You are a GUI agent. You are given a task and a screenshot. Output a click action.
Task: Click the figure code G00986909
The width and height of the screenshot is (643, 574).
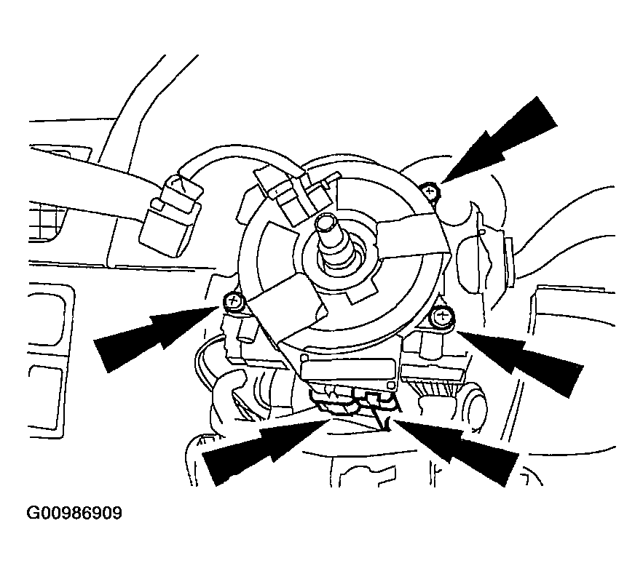click(x=74, y=513)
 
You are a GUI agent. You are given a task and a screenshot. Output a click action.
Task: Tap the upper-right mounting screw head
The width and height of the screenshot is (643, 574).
click(x=430, y=191)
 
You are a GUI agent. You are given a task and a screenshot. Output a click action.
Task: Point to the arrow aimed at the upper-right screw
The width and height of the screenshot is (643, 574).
click(x=500, y=139)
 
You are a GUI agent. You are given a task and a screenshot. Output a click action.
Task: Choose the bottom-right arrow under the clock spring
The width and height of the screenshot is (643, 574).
click(x=456, y=450)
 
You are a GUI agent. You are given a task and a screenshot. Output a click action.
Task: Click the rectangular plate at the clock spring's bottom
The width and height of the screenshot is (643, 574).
click(x=350, y=370)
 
